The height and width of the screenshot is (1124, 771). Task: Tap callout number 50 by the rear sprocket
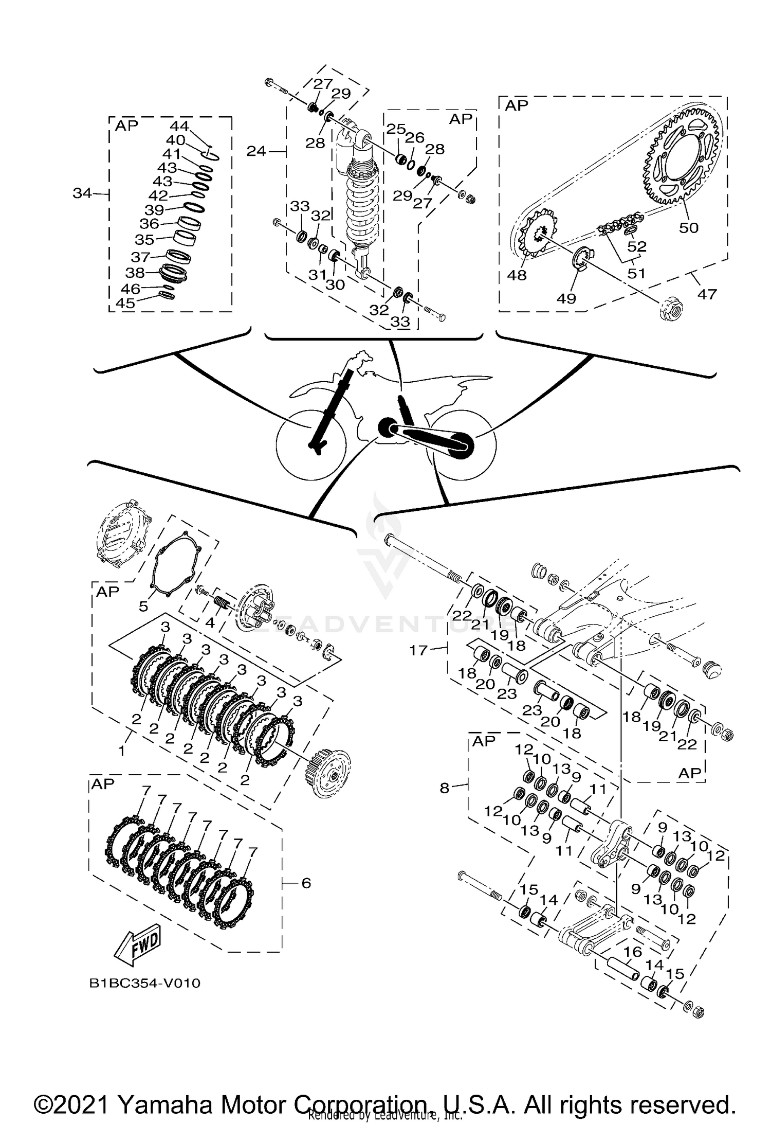coord(688,227)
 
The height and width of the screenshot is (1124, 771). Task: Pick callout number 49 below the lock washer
coord(566,298)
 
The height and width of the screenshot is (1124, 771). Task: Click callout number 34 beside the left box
coord(82,193)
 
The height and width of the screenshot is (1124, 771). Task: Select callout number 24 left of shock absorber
coord(256,151)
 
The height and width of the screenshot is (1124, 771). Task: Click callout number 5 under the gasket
coord(143,606)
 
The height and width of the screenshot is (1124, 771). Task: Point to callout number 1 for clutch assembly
coord(121,751)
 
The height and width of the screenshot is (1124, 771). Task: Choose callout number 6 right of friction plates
coord(306,883)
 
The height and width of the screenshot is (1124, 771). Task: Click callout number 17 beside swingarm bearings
coord(418,651)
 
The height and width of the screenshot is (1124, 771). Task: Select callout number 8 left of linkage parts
coord(445,788)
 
